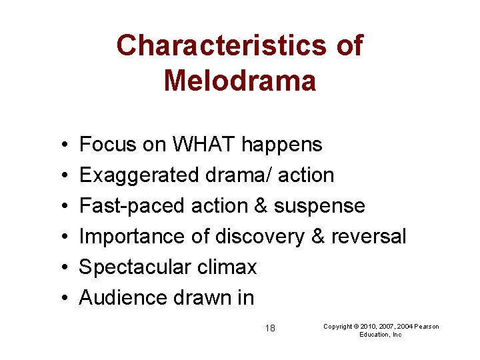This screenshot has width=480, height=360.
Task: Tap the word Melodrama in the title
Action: (239, 81)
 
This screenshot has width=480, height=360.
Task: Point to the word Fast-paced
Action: (132, 205)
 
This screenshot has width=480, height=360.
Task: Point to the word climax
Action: (226, 267)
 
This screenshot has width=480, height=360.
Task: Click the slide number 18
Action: (270, 328)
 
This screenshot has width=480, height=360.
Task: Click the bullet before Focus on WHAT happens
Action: (61, 145)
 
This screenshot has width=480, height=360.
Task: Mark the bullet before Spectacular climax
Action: (61, 267)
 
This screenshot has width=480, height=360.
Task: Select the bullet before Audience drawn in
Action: (61, 298)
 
